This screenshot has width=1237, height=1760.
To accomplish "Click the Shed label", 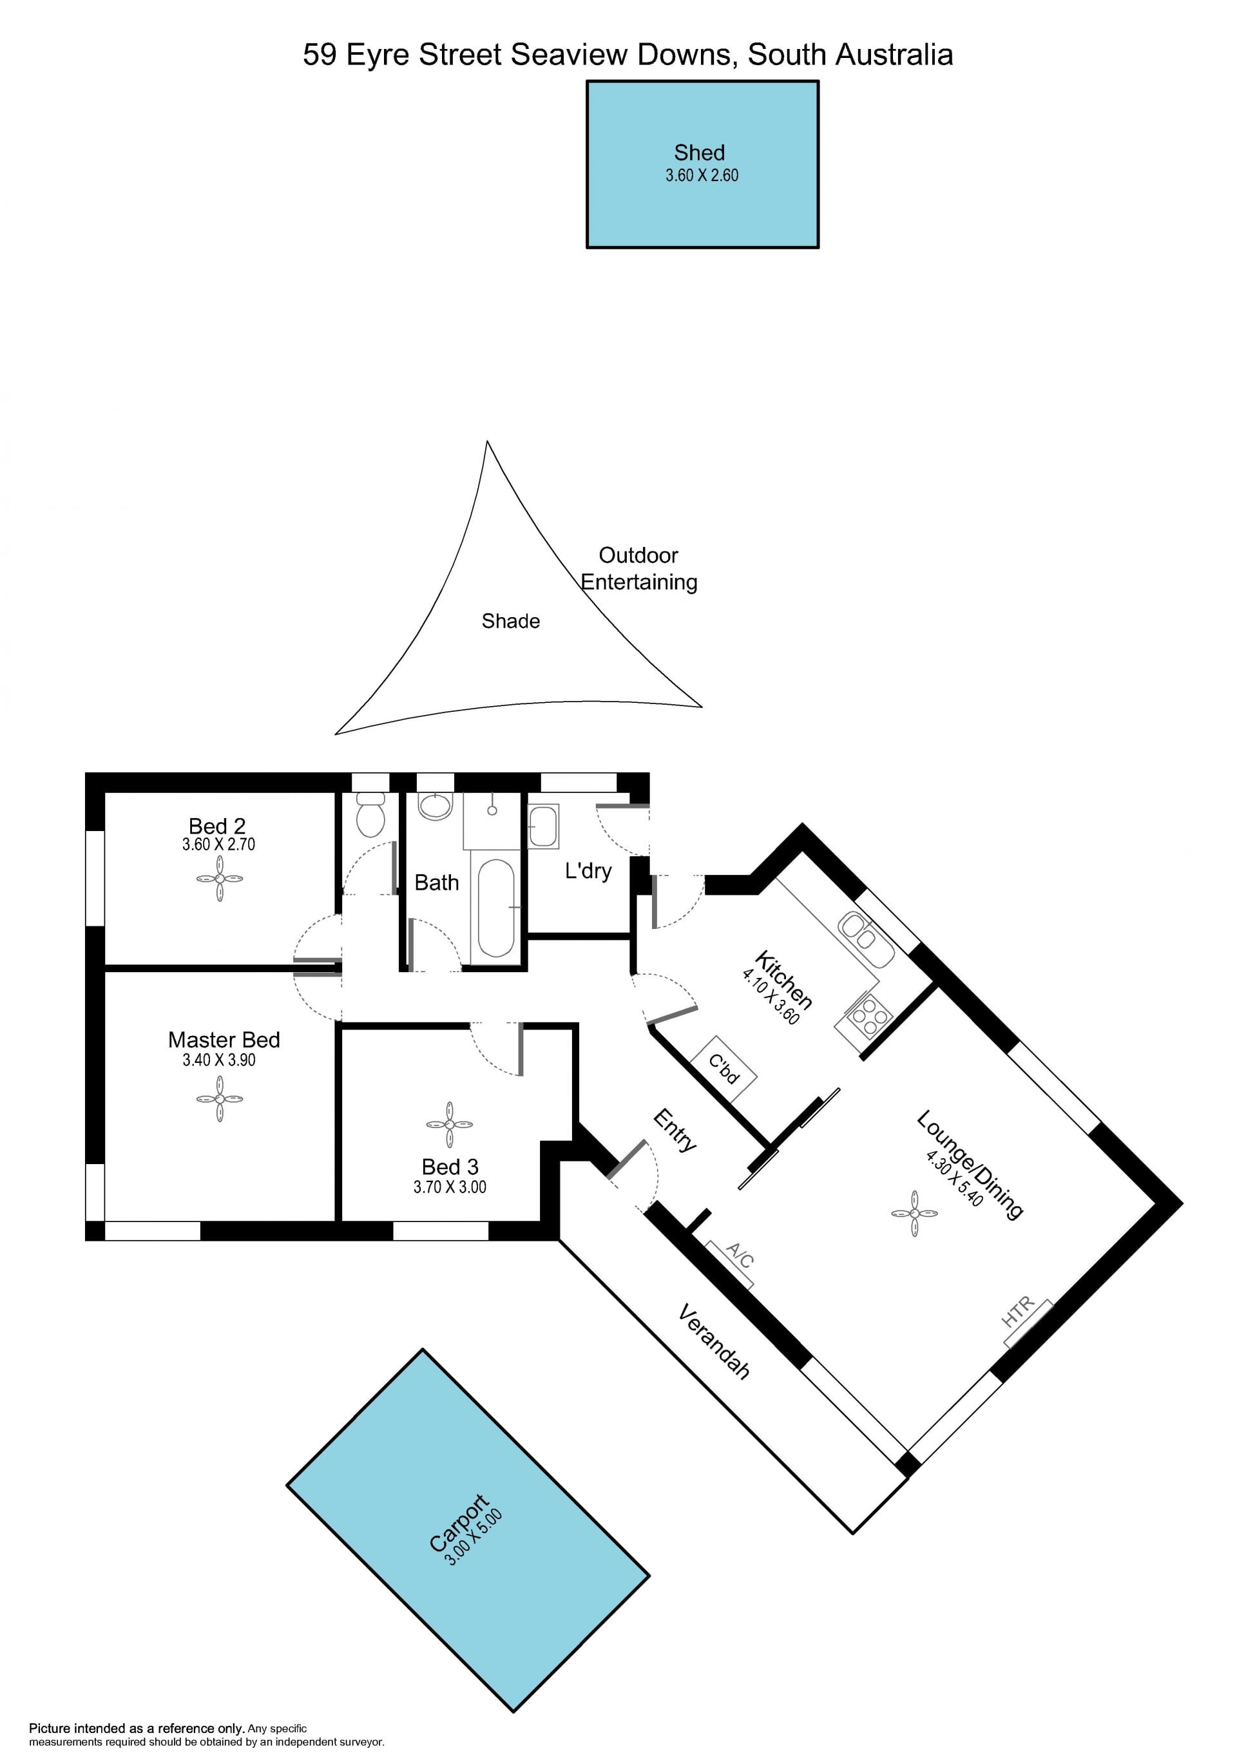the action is coord(699,153).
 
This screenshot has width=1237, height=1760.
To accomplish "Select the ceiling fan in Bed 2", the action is coord(219,879).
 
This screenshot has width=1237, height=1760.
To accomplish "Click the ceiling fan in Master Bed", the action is coord(219,1098).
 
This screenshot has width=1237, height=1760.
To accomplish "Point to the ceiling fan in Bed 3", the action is coord(449,1125).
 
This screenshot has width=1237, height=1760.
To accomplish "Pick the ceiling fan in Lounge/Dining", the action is coord(914,1214).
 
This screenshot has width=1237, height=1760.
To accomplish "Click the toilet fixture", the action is coord(371,815).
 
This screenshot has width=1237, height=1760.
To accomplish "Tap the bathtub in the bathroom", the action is coord(496,908).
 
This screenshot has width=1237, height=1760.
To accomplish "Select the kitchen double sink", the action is coord(866,940).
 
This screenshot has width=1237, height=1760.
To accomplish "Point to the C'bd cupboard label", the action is coord(724,1069).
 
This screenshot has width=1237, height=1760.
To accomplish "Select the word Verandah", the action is coord(714,1341).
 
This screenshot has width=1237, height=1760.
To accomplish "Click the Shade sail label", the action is coord(510,621).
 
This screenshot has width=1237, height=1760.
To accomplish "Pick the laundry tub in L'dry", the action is coord(543,827).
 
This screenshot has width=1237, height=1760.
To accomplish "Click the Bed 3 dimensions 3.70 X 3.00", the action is coord(450,1187).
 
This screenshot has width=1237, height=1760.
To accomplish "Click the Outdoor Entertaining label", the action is coord(639,568).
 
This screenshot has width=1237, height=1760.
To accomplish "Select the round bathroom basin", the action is coord(436,807).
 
